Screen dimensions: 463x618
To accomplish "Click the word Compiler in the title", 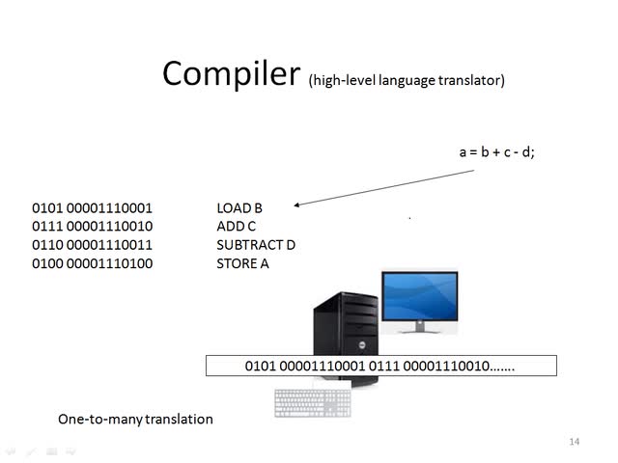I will [231, 74].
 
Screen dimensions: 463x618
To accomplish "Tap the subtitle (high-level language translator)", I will [407, 80].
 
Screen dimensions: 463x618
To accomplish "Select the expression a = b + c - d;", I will [496, 151].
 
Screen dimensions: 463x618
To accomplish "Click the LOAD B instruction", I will [239, 207].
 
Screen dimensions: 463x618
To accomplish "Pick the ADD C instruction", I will [237, 226].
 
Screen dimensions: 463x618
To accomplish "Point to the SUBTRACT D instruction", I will [256, 244].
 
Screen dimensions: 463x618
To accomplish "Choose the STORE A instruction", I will [242, 262].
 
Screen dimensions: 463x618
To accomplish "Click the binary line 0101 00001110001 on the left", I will [92, 207].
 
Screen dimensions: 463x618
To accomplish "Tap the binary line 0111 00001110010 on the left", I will [92, 226].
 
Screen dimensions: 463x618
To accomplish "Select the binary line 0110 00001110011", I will [92, 244].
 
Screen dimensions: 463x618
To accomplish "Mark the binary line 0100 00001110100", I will [92, 262].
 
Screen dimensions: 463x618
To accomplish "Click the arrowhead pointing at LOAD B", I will [297, 204].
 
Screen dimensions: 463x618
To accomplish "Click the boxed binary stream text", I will [380, 367].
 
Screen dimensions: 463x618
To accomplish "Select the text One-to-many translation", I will [135, 419].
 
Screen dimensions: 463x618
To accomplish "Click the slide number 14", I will [575, 442].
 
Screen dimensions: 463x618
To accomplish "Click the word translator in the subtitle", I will [473, 80].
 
